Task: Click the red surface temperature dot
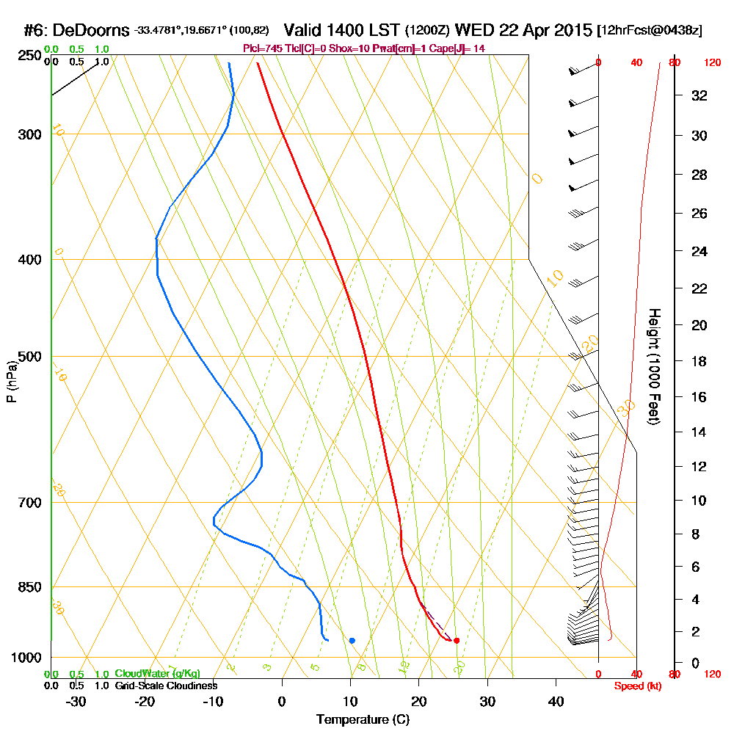click(x=457, y=640)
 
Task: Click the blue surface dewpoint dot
click(x=352, y=640)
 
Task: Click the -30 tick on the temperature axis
click(x=76, y=701)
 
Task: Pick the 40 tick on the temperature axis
click(x=556, y=701)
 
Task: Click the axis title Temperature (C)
click(x=363, y=720)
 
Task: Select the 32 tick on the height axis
click(x=698, y=95)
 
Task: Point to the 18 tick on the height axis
click(x=698, y=361)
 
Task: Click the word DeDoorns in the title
click(x=92, y=30)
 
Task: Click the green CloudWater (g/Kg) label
click(x=157, y=674)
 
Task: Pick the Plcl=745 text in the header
click(x=261, y=48)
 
